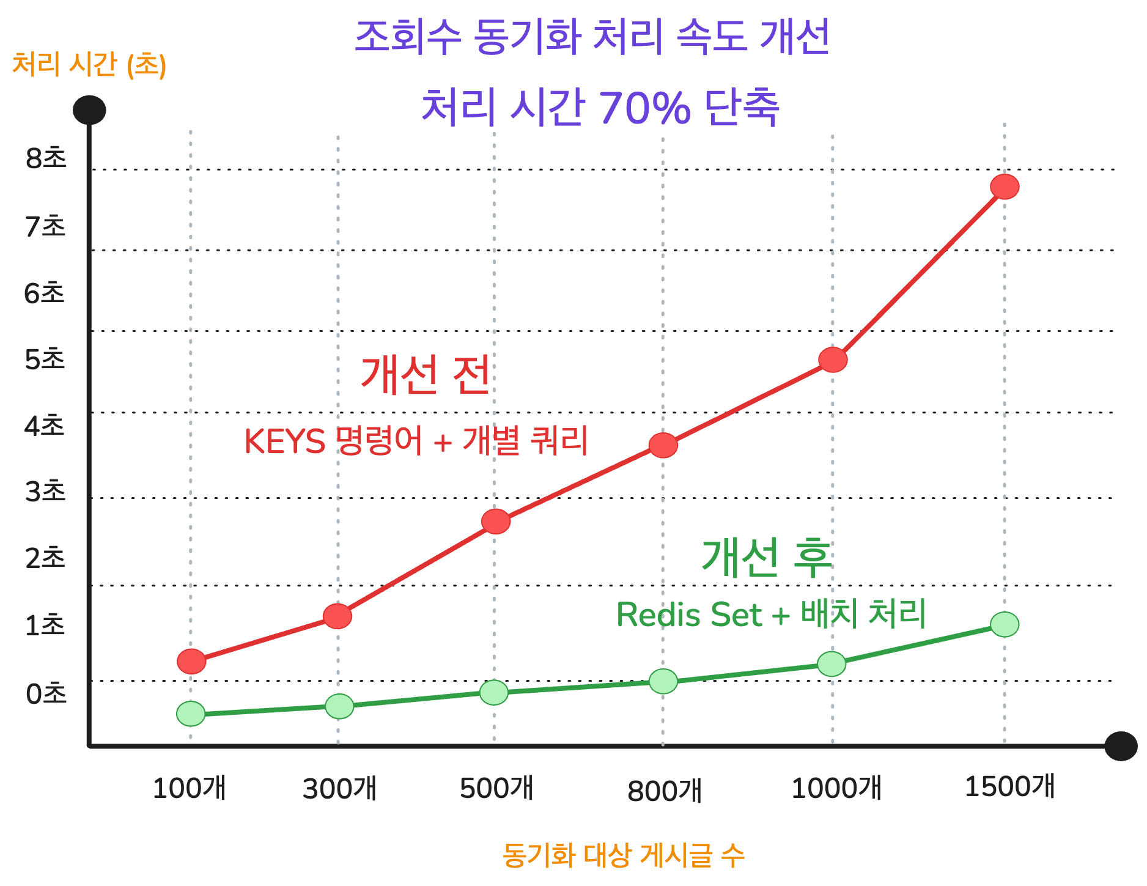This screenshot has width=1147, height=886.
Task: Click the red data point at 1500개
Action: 1005,186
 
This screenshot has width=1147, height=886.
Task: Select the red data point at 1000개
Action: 833,360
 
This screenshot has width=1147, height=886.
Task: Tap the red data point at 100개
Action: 191,661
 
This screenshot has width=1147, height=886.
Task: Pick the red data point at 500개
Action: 495,522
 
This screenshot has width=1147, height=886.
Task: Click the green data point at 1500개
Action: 1005,624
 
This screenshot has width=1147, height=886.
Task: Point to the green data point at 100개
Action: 191,714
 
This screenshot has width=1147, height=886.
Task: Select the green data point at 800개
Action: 663,681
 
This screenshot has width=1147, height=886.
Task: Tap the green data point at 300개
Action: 339,706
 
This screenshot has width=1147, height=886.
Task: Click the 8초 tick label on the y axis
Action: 46,158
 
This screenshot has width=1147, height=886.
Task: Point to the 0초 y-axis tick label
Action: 46,694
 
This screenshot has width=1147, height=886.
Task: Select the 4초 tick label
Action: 45,426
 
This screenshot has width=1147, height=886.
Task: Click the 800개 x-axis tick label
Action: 665,791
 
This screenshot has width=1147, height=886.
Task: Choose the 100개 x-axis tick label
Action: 190,788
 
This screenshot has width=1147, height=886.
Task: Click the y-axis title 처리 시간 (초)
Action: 89,65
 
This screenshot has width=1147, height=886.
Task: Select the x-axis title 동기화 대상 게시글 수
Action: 623,855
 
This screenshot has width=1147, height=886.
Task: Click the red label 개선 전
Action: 426,374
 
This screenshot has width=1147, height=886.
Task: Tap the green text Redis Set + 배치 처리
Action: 771,614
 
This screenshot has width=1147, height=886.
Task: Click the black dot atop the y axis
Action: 89,111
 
